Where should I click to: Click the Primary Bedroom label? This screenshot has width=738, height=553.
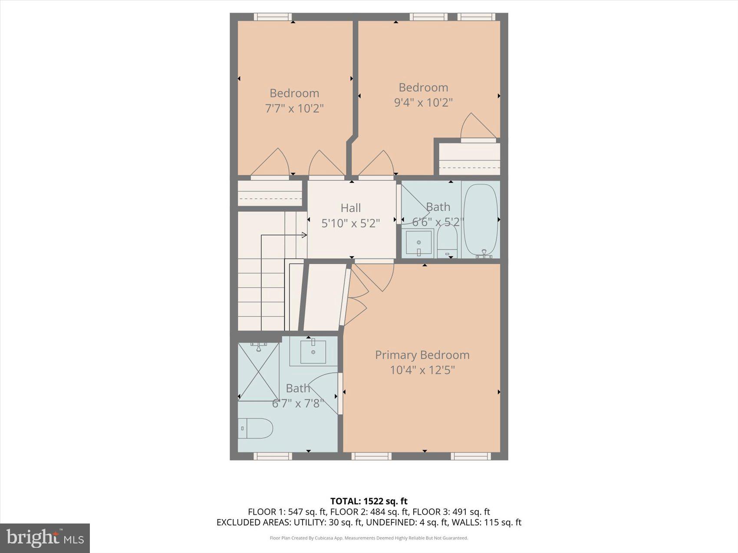pyautogui.click(x=422, y=355)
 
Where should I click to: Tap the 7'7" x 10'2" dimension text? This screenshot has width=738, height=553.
pyautogui.click(x=294, y=108)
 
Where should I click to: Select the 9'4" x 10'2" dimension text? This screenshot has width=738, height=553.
pyautogui.click(x=423, y=102)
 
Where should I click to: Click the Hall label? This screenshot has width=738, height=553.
pyautogui.click(x=350, y=208)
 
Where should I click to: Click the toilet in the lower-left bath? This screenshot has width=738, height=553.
pyautogui.click(x=255, y=429)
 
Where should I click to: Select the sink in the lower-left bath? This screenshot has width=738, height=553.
pyautogui.click(x=313, y=352)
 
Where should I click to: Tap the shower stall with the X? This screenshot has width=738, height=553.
pyautogui.click(x=259, y=372)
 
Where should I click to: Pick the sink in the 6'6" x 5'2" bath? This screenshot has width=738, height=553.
pyautogui.click(x=419, y=242)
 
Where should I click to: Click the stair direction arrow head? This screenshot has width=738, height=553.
pyautogui.click(x=304, y=235)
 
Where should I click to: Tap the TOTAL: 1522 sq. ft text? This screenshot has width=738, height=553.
pyautogui.click(x=369, y=501)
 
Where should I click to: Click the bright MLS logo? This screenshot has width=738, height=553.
pyautogui.click(x=45, y=538)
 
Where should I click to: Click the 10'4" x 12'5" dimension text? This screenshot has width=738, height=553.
pyautogui.click(x=422, y=370)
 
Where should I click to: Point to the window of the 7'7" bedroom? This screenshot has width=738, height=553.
pyautogui.click(x=273, y=17)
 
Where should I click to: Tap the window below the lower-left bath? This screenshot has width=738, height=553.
pyautogui.click(x=273, y=456)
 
